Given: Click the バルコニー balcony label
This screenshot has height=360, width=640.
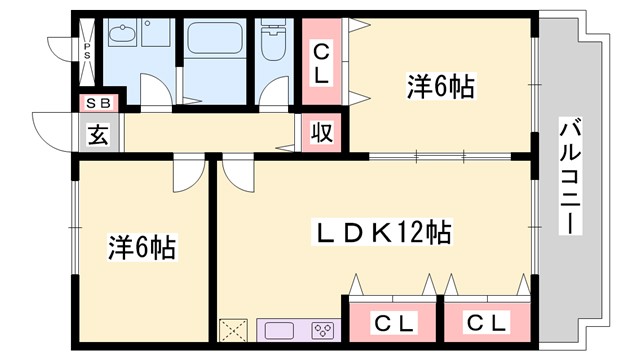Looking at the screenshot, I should [569, 176].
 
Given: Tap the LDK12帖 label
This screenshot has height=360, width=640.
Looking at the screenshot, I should [384, 234].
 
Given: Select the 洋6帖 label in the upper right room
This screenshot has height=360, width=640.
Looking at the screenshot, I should [440, 87].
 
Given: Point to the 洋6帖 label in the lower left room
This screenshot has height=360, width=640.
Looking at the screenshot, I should [142, 246].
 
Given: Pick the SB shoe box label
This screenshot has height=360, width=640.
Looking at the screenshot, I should [98, 102].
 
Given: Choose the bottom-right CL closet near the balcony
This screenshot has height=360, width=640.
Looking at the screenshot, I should [487, 322].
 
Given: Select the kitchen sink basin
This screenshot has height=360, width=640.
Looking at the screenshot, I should [275, 329].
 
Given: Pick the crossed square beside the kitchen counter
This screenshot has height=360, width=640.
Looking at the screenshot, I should [235, 329].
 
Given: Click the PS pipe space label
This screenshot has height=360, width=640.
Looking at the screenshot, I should [87, 49].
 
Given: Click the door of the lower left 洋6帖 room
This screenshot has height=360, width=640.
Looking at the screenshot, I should [187, 174].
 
